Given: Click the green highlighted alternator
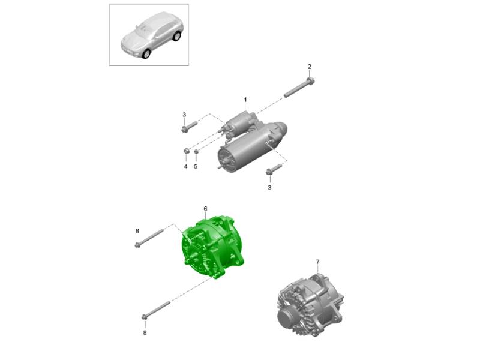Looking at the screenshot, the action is [213, 247].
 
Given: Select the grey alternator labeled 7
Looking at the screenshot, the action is [310, 305].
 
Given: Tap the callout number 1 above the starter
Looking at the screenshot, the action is [245, 100].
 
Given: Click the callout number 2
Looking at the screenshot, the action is [310, 67].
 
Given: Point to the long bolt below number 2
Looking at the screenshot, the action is [299, 88].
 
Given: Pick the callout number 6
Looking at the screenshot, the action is [205, 209].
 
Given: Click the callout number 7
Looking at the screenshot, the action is [318, 262].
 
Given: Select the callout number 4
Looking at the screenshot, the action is [185, 167].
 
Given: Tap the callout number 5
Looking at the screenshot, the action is [196, 167].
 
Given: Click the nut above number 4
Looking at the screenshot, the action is [186, 151].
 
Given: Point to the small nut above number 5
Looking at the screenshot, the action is [197, 151].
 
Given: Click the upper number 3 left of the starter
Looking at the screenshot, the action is [184, 115].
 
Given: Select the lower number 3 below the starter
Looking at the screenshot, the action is [269, 188].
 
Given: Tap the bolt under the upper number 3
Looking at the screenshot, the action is [189, 127].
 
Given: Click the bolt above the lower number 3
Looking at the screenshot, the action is [274, 170].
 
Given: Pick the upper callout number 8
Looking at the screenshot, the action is [137, 231].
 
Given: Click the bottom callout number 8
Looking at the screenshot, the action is [145, 333].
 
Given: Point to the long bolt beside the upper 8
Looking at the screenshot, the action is [149, 238].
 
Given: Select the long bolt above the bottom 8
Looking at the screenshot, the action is [156, 310].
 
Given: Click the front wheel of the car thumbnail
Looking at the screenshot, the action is [146, 53].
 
